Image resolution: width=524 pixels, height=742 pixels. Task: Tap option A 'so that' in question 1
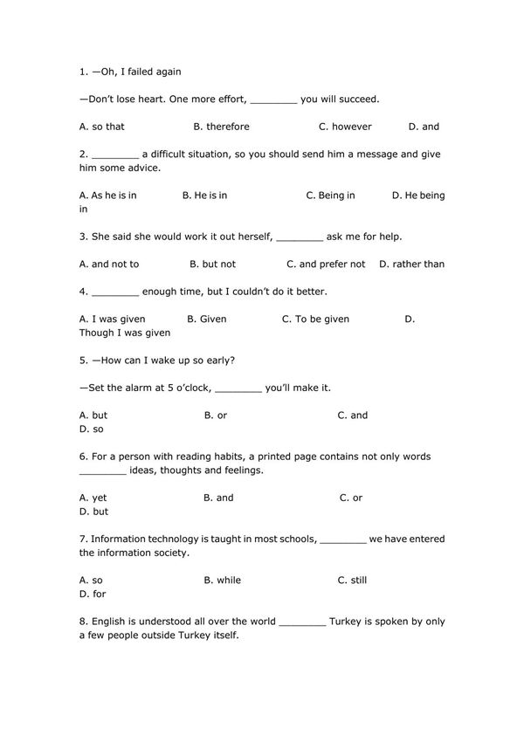point(102,127)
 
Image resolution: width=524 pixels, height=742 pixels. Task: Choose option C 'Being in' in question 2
point(330,196)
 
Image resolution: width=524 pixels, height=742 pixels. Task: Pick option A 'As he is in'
point(107,196)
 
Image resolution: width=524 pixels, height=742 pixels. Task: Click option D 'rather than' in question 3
point(411,264)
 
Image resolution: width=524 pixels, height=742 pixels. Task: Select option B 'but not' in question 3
point(213,264)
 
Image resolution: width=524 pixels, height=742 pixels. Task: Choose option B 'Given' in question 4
point(207,319)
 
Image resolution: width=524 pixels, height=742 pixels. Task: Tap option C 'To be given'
point(315,319)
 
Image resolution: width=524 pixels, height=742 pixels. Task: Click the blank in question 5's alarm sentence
point(238,388)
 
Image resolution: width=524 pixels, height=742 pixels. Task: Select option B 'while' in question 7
point(223,580)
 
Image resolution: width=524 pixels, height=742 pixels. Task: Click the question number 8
point(82,622)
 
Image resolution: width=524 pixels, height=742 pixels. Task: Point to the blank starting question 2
point(114,155)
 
